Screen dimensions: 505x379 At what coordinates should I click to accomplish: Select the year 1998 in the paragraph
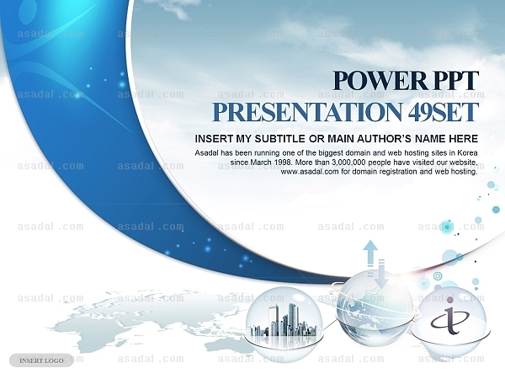(x=284, y=162)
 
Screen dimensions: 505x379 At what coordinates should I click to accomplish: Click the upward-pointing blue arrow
(x=370, y=257)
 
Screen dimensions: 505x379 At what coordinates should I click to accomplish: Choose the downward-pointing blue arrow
(x=382, y=274)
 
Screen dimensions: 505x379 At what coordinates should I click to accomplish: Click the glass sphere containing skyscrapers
(x=284, y=319)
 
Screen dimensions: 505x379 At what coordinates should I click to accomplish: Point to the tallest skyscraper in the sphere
(x=293, y=319)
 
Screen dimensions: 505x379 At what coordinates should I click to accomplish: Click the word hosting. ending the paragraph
(x=465, y=172)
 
